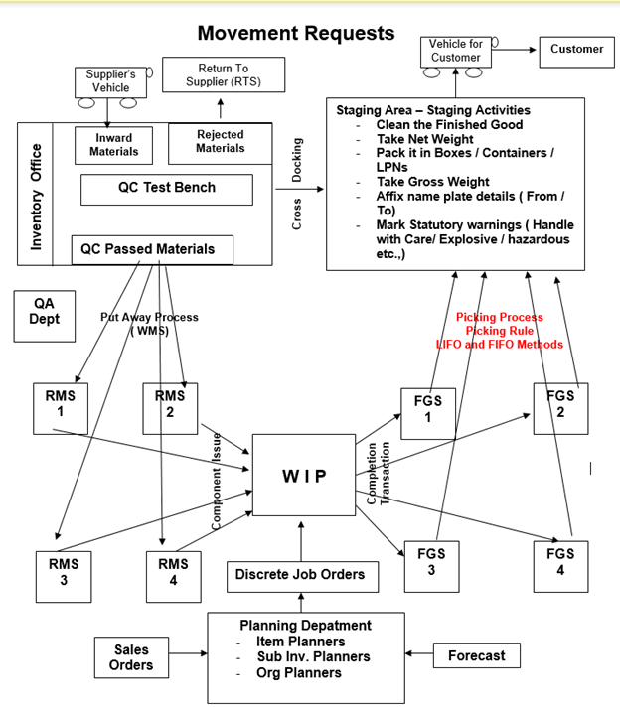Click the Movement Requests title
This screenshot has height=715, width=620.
(x=295, y=33)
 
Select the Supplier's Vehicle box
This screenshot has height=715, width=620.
(x=110, y=81)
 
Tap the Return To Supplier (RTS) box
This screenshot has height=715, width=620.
(x=223, y=74)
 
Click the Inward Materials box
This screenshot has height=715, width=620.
(x=114, y=145)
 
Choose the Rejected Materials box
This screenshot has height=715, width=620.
(x=220, y=142)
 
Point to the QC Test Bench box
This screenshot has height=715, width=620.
(x=166, y=188)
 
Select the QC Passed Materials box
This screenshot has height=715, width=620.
(x=152, y=249)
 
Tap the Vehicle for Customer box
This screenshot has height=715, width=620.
(x=455, y=51)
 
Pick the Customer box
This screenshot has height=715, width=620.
(x=575, y=50)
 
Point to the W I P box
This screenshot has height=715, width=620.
(x=303, y=476)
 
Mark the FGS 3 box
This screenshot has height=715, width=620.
(x=430, y=563)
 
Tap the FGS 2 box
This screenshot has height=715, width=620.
(x=560, y=406)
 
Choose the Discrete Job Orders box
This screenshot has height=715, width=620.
(x=299, y=574)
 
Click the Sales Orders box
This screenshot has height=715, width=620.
(x=131, y=657)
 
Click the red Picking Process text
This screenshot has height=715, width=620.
(x=499, y=318)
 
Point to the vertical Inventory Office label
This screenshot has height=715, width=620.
(x=37, y=197)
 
